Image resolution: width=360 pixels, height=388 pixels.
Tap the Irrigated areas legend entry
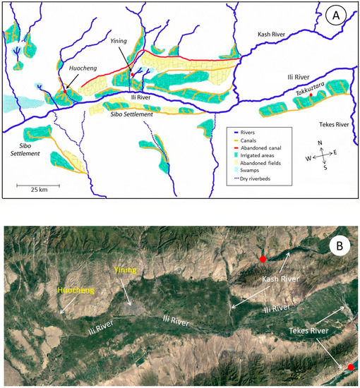(x=267, y=154)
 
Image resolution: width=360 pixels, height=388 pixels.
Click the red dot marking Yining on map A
(x=132, y=73)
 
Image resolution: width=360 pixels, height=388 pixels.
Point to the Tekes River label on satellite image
(x=304, y=329)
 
